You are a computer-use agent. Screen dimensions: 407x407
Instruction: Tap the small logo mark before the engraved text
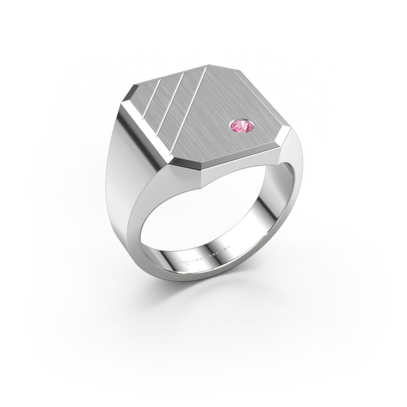point(184,262)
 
